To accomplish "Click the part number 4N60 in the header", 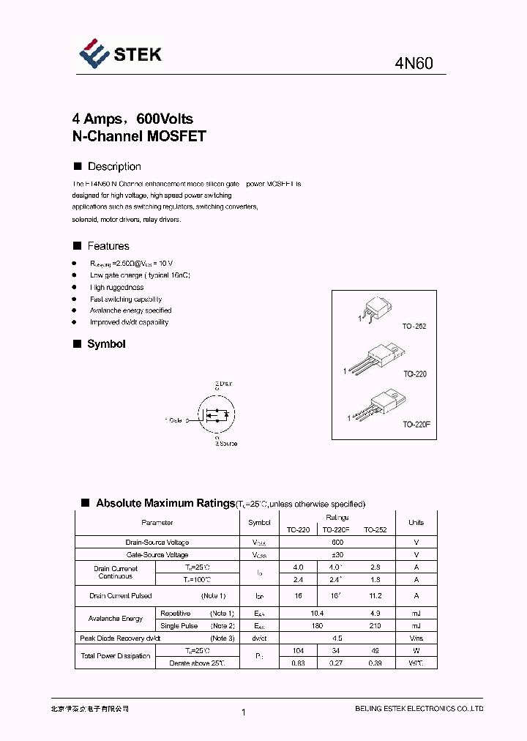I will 414,64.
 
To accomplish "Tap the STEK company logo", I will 121,55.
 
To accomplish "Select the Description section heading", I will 114,166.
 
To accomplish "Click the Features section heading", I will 108,246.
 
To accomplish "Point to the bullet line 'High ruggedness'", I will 116,288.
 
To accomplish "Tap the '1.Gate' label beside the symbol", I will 173,420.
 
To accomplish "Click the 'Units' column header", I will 416,523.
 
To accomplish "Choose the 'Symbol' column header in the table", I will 259,523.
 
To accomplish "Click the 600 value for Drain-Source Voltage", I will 337,543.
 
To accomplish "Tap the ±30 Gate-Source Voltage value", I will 337,554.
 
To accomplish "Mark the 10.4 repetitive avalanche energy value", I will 317,614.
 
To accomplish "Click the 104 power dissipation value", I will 298,650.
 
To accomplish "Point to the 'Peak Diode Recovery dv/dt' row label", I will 122,638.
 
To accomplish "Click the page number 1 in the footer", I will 243,712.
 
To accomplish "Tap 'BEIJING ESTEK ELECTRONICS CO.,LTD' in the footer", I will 419,709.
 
